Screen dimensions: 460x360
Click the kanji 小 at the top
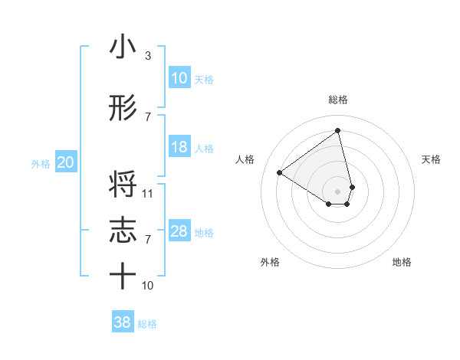123,48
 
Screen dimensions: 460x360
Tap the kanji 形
123,109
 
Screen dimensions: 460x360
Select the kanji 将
123,187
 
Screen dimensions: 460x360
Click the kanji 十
123,276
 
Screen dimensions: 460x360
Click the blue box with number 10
179,78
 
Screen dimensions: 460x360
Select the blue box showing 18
179,147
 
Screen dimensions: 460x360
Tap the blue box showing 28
179,231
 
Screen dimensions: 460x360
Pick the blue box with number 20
65,162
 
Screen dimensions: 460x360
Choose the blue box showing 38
123,322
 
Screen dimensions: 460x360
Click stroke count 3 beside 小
147,56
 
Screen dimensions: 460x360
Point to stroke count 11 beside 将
148,193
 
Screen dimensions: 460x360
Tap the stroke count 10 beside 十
148,285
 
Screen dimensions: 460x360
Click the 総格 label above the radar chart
338,100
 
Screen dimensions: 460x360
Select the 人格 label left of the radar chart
245,159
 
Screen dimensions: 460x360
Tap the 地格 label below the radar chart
402,262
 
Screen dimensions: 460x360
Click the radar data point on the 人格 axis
280,172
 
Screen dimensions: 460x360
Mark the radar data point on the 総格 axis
338,130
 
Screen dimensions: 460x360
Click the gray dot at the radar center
338,191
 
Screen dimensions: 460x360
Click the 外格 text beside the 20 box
41,163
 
